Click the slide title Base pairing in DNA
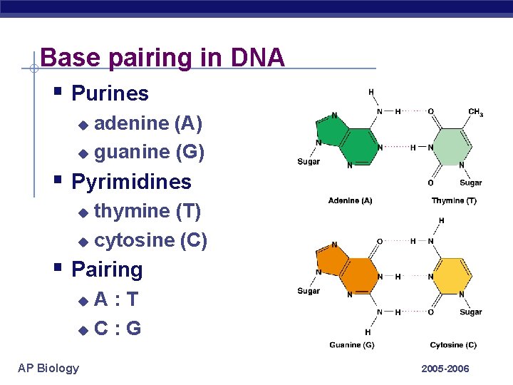tap(162, 57)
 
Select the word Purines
tap(110, 93)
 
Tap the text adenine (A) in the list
tap(148, 123)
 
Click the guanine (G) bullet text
tap(149, 152)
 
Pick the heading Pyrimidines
tap(131, 182)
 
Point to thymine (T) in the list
tap(147, 211)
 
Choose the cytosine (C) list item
tap(150, 240)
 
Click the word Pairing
tap(107, 269)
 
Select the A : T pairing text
tap(116, 299)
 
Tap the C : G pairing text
tap(118, 329)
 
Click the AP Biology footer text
tap(48, 368)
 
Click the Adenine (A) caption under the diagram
tap(350, 201)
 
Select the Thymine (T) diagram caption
tap(454, 201)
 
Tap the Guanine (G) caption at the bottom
tap(351, 345)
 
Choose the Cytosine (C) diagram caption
tap(453, 345)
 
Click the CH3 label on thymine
tap(475, 112)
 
